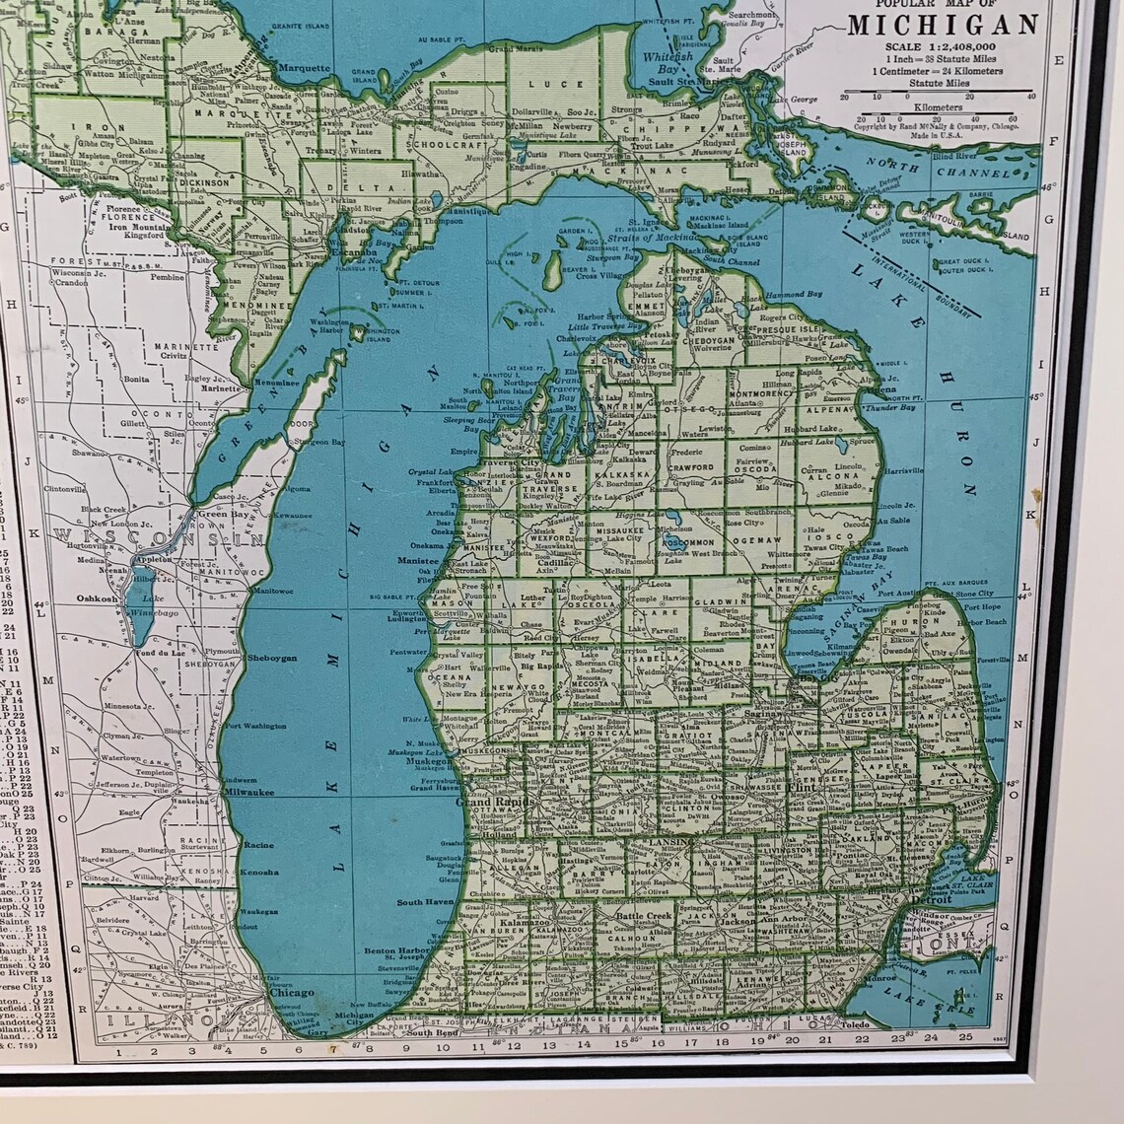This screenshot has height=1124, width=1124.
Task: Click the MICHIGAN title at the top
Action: click(x=943, y=24)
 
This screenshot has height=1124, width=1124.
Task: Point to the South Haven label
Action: click(x=425, y=902)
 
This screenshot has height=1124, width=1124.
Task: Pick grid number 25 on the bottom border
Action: click(x=965, y=1036)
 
